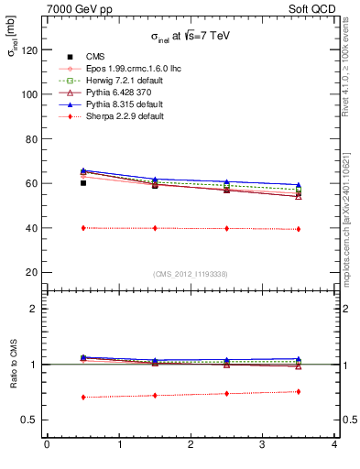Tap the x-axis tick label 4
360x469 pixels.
click(334, 445)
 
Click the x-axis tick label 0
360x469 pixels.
click(48, 445)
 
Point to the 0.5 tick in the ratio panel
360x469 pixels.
click(31, 420)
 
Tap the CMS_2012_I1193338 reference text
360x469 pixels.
click(191, 273)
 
